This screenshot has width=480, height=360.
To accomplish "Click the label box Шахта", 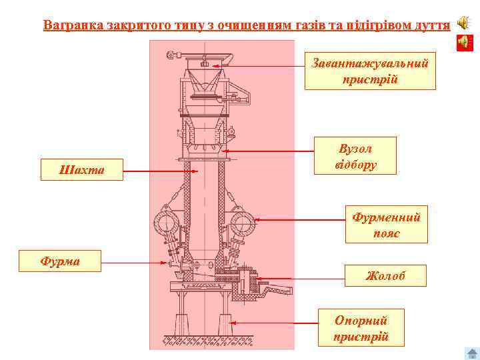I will coord(81,170).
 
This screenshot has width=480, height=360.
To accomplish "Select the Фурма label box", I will coord(60,261).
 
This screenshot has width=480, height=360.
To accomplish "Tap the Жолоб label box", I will coord(385,275).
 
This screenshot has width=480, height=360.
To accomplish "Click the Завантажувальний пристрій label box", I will coord(370,71).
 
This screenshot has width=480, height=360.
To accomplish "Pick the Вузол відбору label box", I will coord(355,156).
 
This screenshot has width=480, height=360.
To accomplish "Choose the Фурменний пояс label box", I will coord(386,225).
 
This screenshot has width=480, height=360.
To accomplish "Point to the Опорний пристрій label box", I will coord(361,328).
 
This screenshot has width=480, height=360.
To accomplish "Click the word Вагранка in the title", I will coord(71,25).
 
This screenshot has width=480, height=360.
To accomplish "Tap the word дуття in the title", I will coord(431,25).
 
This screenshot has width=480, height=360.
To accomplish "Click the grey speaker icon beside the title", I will coord(463,23).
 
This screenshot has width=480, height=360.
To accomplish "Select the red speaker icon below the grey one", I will coord(463,43).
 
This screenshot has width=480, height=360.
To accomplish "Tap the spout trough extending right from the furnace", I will coord(277,291).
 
